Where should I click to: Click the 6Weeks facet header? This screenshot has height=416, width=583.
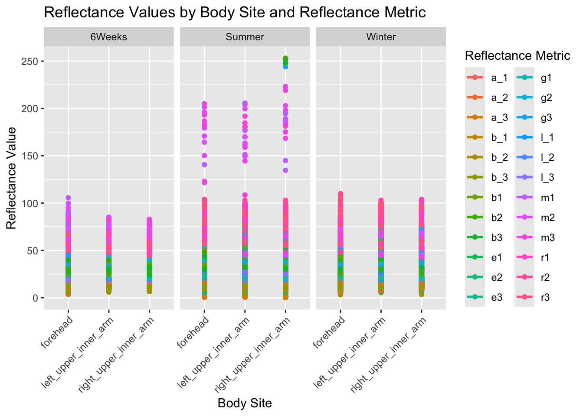(x=108, y=37)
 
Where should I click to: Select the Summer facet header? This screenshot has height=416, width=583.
(x=245, y=37)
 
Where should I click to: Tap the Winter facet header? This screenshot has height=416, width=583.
(x=381, y=37)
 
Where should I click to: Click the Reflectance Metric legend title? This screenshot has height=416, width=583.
(x=517, y=56)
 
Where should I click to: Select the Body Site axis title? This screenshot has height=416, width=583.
(x=245, y=403)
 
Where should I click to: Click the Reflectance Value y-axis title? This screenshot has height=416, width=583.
(x=11, y=178)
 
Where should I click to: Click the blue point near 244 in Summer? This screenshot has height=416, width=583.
(x=285, y=67)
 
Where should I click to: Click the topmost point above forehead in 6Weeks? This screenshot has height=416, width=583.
(x=68, y=198)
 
